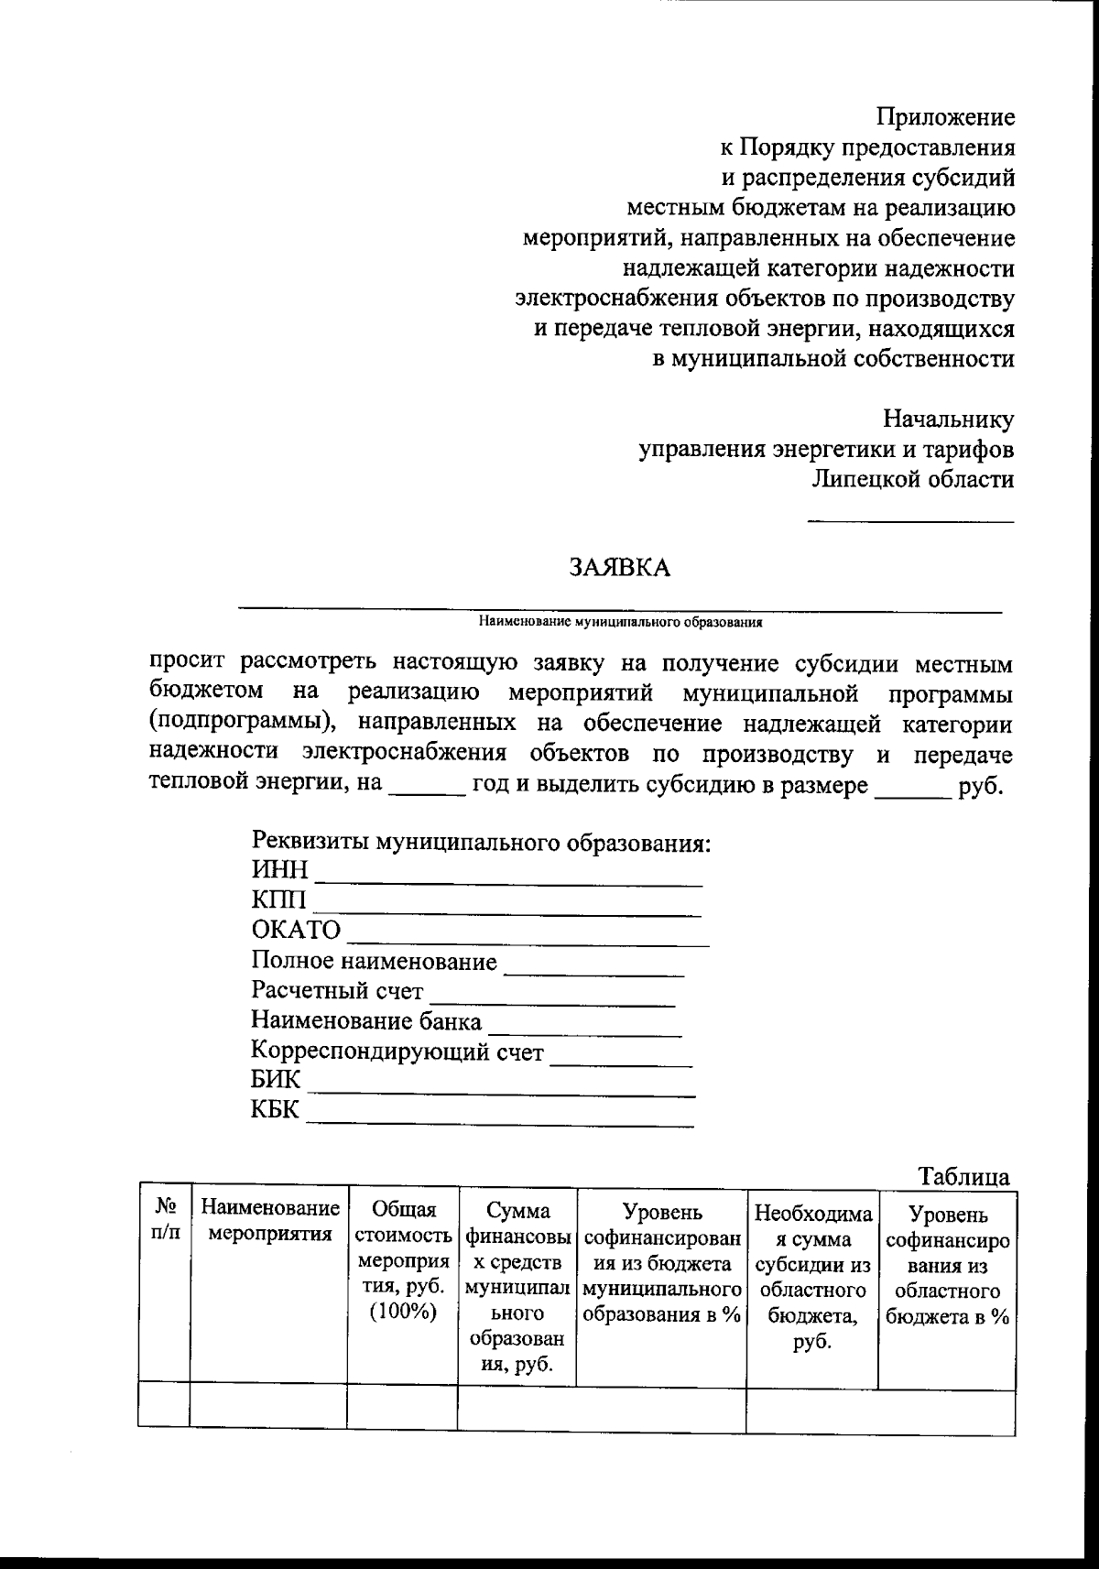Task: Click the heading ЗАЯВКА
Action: click(620, 567)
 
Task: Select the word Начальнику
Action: click(948, 419)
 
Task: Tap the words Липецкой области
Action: click(912, 479)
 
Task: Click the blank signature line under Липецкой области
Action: click(909, 521)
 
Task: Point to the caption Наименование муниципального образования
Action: click(620, 622)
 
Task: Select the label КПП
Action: click(279, 899)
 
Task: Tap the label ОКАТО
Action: click(296, 930)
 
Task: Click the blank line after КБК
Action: click(499, 1122)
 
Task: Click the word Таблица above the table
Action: click(963, 1177)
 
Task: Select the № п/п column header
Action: click(164, 1220)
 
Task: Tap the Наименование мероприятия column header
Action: click(269, 1221)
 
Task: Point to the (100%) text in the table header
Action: click(403, 1312)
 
